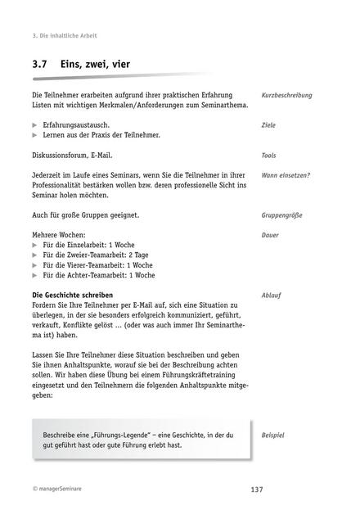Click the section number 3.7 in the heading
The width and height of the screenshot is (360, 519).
point(42,64)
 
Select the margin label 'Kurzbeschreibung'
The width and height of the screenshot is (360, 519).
point(286,96)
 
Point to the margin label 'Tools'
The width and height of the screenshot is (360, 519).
point(269,155)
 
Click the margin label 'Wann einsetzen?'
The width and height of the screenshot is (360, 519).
point(286,175)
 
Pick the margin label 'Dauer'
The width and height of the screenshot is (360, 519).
point(271,235)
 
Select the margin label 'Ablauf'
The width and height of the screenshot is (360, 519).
point(272,294)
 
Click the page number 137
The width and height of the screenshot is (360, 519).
point(257,490)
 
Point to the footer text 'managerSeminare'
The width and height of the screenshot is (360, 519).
point(61,490)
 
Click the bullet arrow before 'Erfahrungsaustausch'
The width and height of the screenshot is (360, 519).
point(34,125)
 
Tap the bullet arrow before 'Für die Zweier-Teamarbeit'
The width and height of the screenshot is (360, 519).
point(34,255)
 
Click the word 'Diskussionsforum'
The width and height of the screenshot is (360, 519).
point(60,155)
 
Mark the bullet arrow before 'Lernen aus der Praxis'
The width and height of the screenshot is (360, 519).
point(34,135)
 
